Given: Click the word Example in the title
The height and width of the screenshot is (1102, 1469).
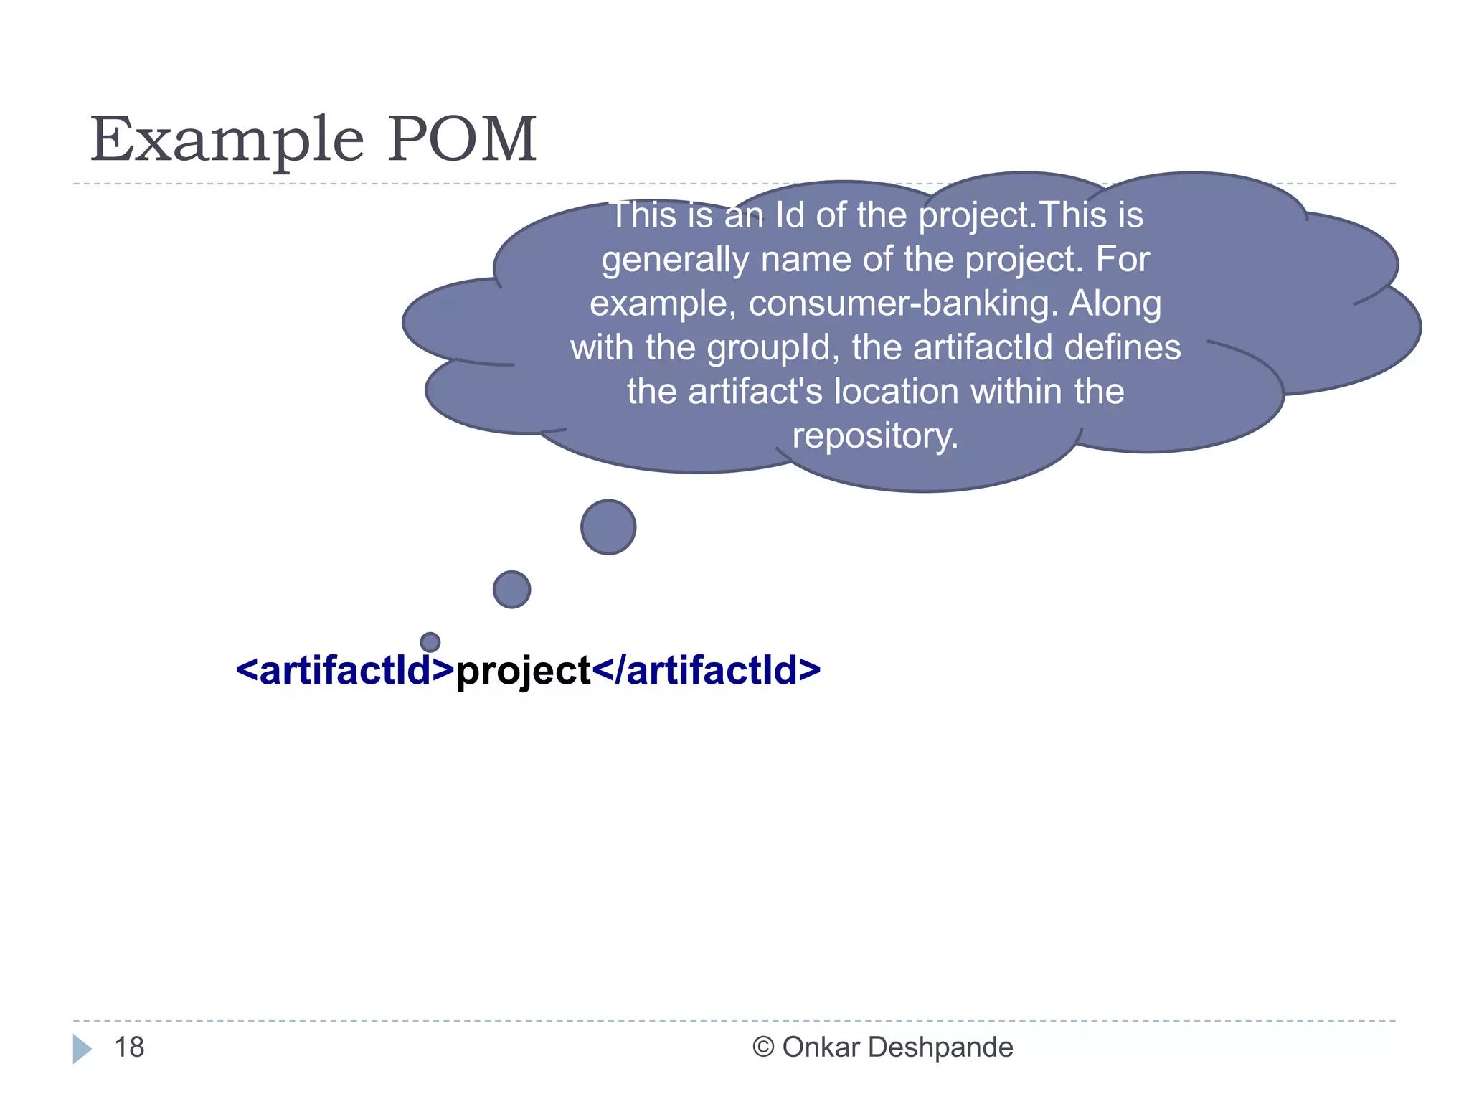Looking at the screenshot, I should tap(227, 140).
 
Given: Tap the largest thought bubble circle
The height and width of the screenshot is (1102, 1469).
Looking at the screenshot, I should tap(608, 527).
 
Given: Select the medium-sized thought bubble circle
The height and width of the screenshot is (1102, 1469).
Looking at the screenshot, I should tap(511, 590).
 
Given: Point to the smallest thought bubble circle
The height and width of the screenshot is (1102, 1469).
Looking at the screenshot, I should tap(430, 641).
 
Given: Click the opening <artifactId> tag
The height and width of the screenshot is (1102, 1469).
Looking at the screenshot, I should tap(345, 671).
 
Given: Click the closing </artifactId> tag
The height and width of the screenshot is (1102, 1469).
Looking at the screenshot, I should tap(707, 671).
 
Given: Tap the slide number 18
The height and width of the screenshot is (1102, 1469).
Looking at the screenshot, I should tap(129, 1047).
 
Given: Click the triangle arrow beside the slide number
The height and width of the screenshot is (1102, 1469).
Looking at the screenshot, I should tap(82, 1049).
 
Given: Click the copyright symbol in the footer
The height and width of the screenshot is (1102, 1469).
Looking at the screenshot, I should tap(763, 1047).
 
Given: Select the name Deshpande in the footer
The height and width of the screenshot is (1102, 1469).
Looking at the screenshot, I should tap(940, 1047).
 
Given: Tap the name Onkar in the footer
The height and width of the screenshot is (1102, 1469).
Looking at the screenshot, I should tap(821, 1047).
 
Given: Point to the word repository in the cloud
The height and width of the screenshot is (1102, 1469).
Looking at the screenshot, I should tap(875, 436).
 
